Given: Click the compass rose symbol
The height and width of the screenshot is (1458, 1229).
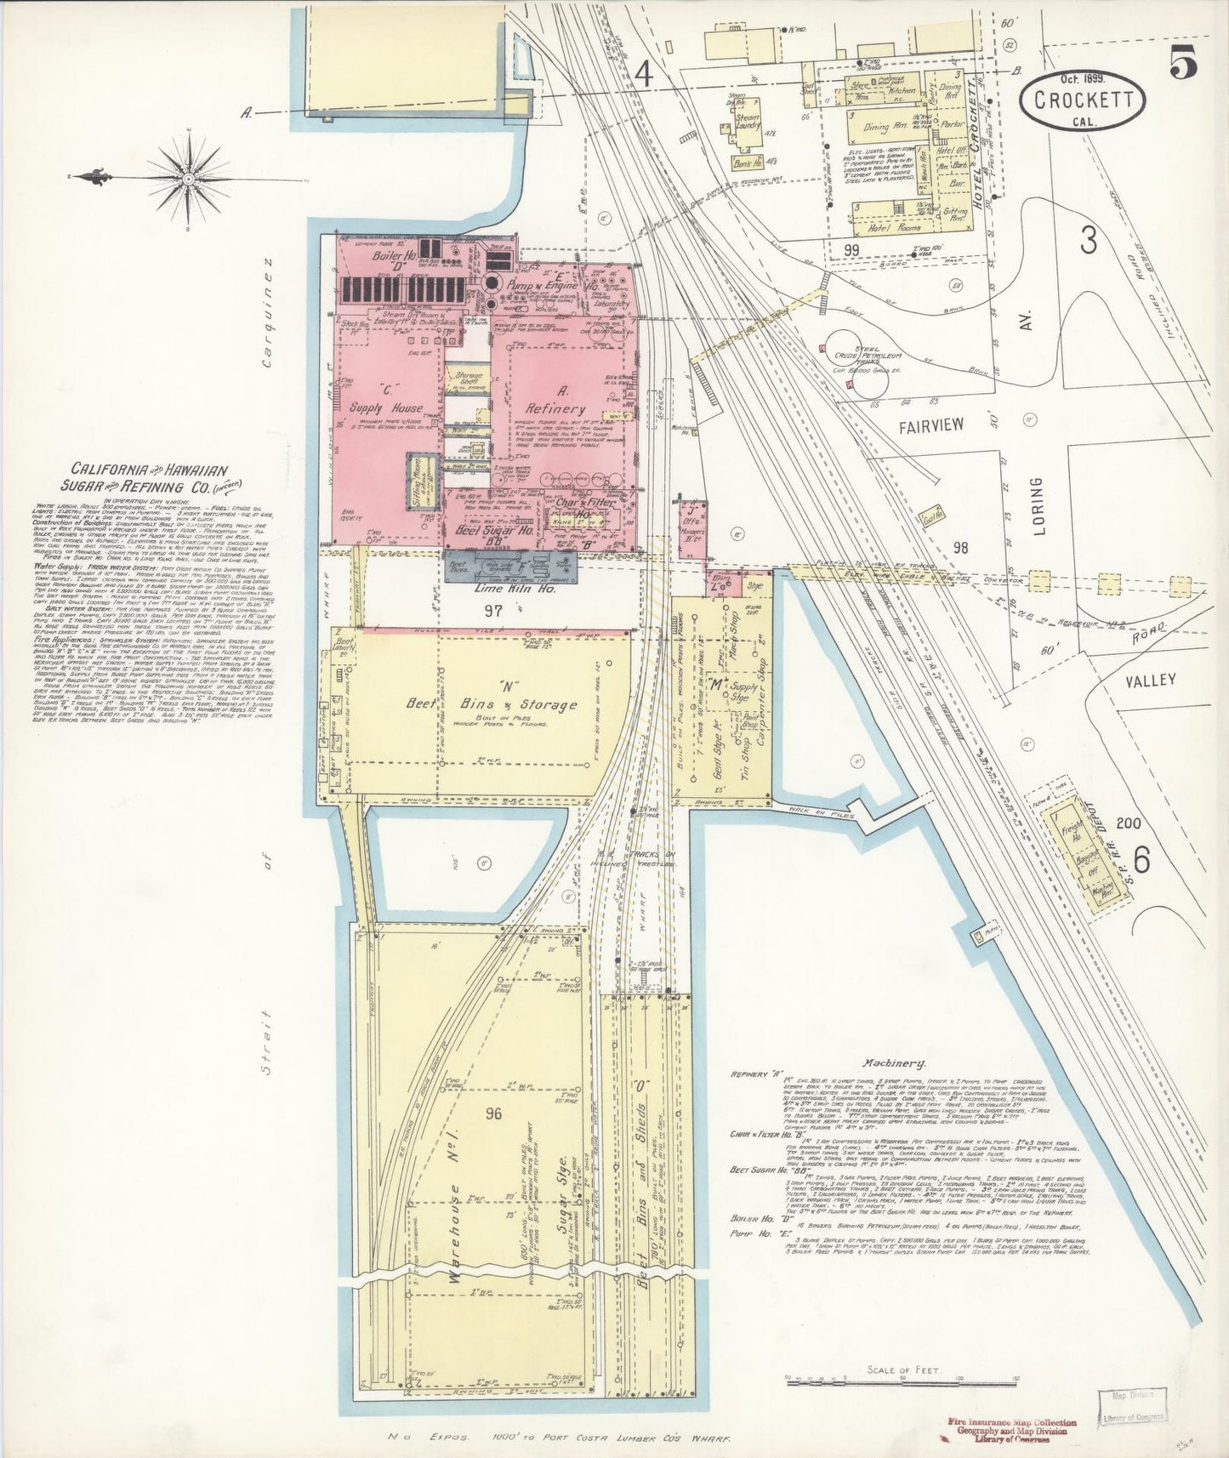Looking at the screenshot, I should (x=181, y=177).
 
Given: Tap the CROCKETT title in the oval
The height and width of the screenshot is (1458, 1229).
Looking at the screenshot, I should (x=1084, y=100).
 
